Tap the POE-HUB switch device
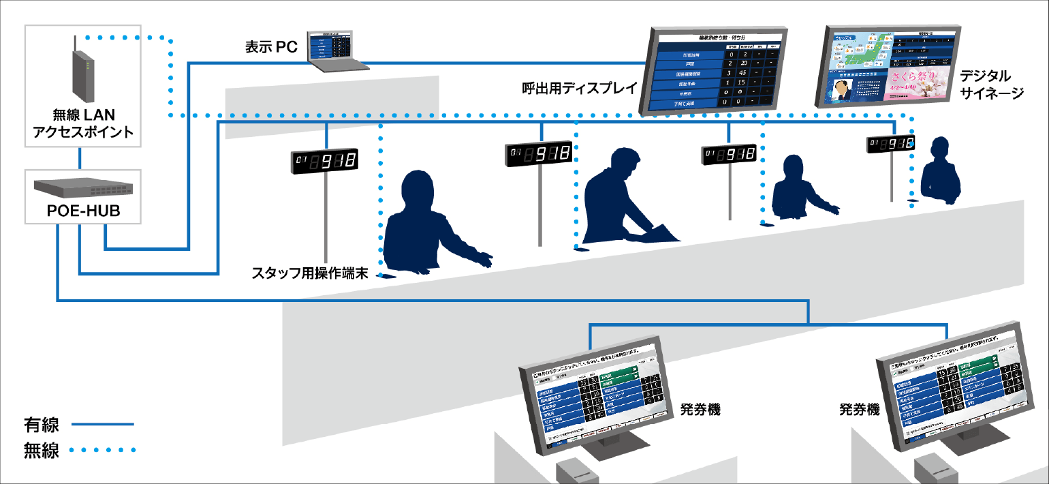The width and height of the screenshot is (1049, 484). pos(82,186)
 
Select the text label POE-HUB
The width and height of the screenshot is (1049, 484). pos(83,211)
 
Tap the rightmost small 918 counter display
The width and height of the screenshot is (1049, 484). pos(890,145)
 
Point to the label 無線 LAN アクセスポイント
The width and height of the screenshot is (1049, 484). pos(83,123)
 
